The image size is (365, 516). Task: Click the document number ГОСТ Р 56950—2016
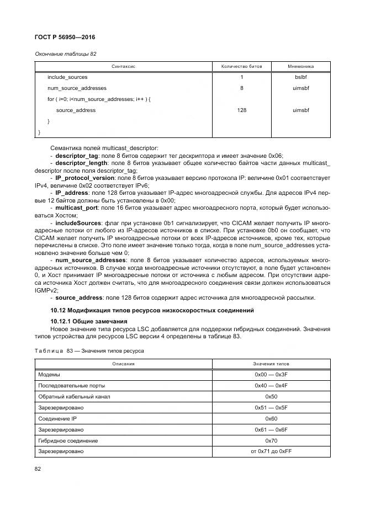65,37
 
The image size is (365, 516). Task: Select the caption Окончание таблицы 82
66,54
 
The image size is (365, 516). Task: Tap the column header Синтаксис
124,66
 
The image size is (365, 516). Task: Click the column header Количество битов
241,66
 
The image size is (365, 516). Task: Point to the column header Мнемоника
300,66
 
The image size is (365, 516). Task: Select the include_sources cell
67,77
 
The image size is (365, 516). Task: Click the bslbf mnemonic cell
300,77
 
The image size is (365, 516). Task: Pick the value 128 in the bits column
241,110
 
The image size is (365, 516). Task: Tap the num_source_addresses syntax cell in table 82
77,88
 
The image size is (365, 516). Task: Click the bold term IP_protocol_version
85,178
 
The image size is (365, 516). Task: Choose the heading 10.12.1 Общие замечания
89,321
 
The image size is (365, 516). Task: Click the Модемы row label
49,375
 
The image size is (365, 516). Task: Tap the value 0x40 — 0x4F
271,386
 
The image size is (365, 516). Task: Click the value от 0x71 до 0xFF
271,451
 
